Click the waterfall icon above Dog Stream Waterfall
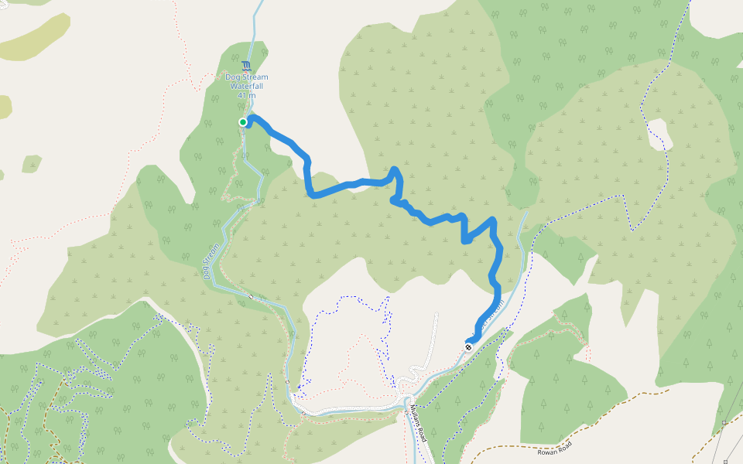246,66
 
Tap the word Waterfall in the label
247,86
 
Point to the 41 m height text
247,95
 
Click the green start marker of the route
243,122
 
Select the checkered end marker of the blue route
468,346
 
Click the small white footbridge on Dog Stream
250,296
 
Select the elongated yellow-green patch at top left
35,37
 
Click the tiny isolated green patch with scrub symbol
32,163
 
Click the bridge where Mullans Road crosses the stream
406,402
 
